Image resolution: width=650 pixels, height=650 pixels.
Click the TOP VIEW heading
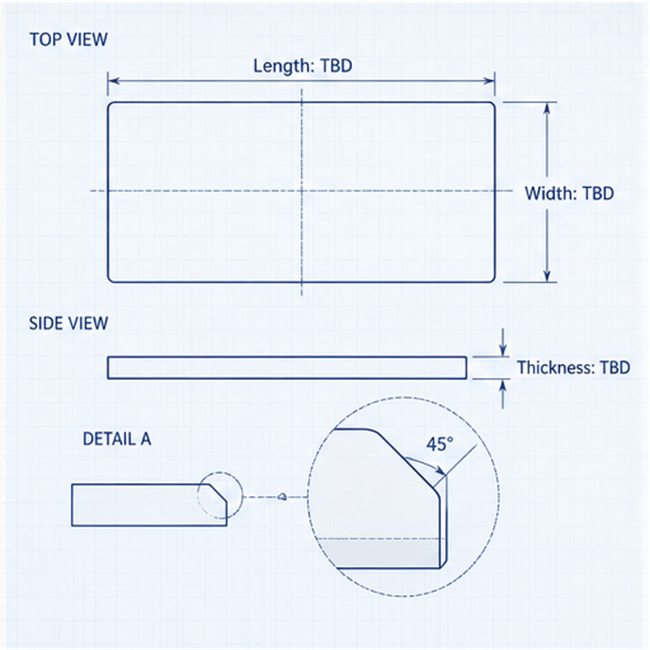[x=69, y=39]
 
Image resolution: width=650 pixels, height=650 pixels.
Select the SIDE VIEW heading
[x=69, y=323]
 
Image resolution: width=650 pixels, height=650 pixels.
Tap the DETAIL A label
[x=117, y=439]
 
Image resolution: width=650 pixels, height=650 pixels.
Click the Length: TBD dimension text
[x=303, y=66]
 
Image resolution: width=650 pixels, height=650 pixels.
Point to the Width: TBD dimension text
[x=569, y=193]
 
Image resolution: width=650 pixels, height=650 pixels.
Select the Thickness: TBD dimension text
[x=573, y=368]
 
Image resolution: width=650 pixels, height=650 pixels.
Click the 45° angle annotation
[x=439, y=444]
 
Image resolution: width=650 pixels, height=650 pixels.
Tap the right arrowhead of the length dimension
[x=489, y=81]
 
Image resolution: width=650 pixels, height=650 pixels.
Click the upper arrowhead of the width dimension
[x=547, y=108]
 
